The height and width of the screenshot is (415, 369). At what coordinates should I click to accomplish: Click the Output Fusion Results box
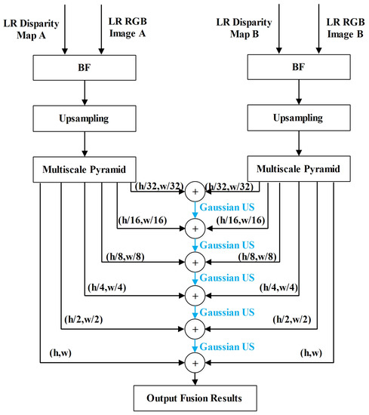point(195,396)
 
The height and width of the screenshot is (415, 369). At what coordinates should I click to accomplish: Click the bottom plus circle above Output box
point(195,362)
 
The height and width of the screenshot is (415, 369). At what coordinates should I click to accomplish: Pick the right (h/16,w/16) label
point(239,220)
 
